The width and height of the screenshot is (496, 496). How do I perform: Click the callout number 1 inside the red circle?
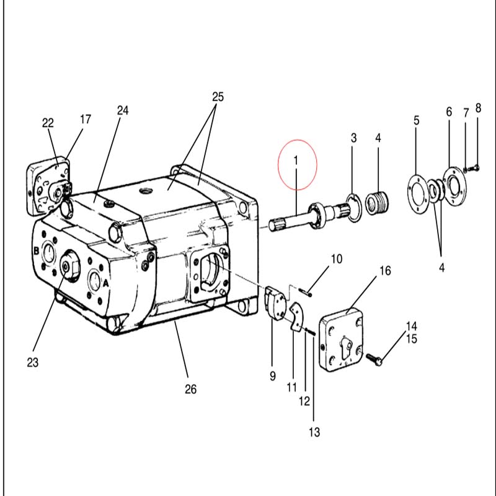296,161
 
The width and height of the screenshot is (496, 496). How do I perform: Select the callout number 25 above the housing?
218,97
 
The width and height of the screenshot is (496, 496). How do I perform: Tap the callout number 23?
33,363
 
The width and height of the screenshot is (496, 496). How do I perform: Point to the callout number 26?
191,389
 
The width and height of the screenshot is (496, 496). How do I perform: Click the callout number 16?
385,271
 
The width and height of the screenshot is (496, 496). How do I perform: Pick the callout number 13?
314,432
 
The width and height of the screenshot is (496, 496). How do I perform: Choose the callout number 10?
337,259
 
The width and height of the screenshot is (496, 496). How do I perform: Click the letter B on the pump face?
37,251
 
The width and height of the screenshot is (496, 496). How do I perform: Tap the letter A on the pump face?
105,283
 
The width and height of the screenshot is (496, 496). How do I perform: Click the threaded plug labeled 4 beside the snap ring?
378,203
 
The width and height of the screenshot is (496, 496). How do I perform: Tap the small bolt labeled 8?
474,168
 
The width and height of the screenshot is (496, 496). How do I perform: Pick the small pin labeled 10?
306,293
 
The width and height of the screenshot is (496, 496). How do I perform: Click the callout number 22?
48,123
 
